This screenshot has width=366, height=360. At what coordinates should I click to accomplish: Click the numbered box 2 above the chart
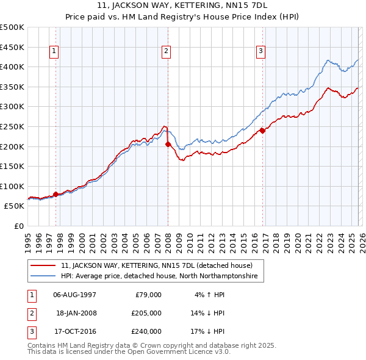point(166,52)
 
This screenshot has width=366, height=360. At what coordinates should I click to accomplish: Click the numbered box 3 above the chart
point(260,52)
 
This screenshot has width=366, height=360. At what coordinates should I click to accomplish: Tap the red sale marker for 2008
point(168,144)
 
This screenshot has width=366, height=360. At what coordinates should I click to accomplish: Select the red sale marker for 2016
point(262,130)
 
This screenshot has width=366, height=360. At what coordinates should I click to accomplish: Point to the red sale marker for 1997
point(56,194)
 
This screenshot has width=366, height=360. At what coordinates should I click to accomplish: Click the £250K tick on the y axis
point(12,126)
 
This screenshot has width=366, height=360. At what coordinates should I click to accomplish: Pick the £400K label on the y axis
point(12,67)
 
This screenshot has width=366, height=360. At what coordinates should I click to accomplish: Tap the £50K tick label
point(15,206)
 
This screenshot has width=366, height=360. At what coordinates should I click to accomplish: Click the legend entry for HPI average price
point(159,276)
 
